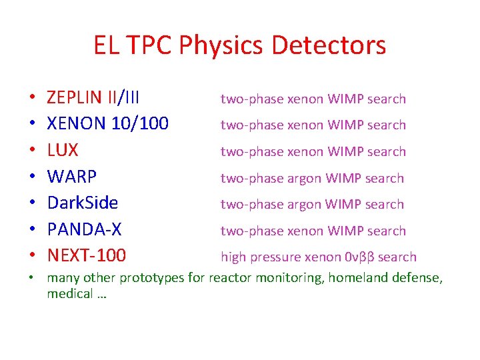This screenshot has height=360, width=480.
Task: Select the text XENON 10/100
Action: (107, 125)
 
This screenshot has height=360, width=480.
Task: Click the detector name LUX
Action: (62, 151)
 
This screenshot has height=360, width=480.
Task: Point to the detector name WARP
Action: (71, 177)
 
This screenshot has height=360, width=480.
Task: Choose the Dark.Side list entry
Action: (82, 203)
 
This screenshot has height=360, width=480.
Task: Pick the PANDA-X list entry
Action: (84, 230)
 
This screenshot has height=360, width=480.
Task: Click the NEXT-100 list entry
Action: (86, 256)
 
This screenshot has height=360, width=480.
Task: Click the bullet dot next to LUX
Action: (32, 152)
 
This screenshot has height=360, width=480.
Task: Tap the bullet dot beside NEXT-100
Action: (32, 257)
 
